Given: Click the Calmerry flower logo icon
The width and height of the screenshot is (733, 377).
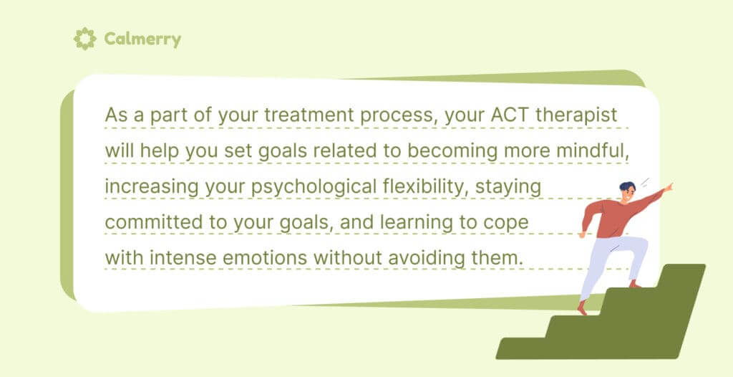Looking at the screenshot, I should (85, 38).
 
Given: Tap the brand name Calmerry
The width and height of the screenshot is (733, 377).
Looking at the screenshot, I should (142, 39).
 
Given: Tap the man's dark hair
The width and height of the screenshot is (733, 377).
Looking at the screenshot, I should (626, 188).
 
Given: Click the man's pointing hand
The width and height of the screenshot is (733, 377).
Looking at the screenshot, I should (668, 188).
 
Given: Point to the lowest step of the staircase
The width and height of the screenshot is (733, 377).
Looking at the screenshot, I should (530, 348).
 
